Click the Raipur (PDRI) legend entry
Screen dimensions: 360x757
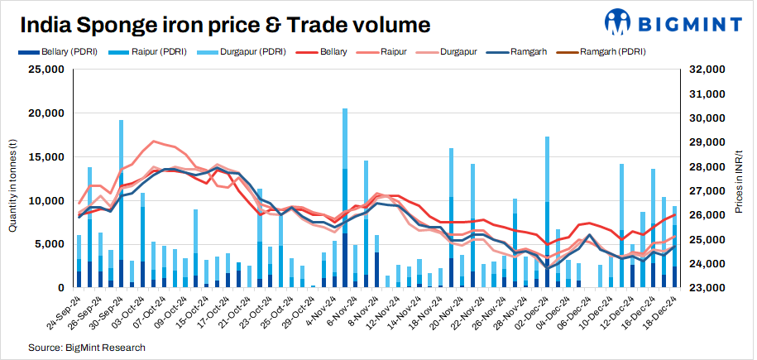[x=157, y=51]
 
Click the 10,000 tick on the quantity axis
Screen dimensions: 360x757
[x=47, y=201]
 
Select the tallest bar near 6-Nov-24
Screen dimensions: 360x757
[x=344, y=199]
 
